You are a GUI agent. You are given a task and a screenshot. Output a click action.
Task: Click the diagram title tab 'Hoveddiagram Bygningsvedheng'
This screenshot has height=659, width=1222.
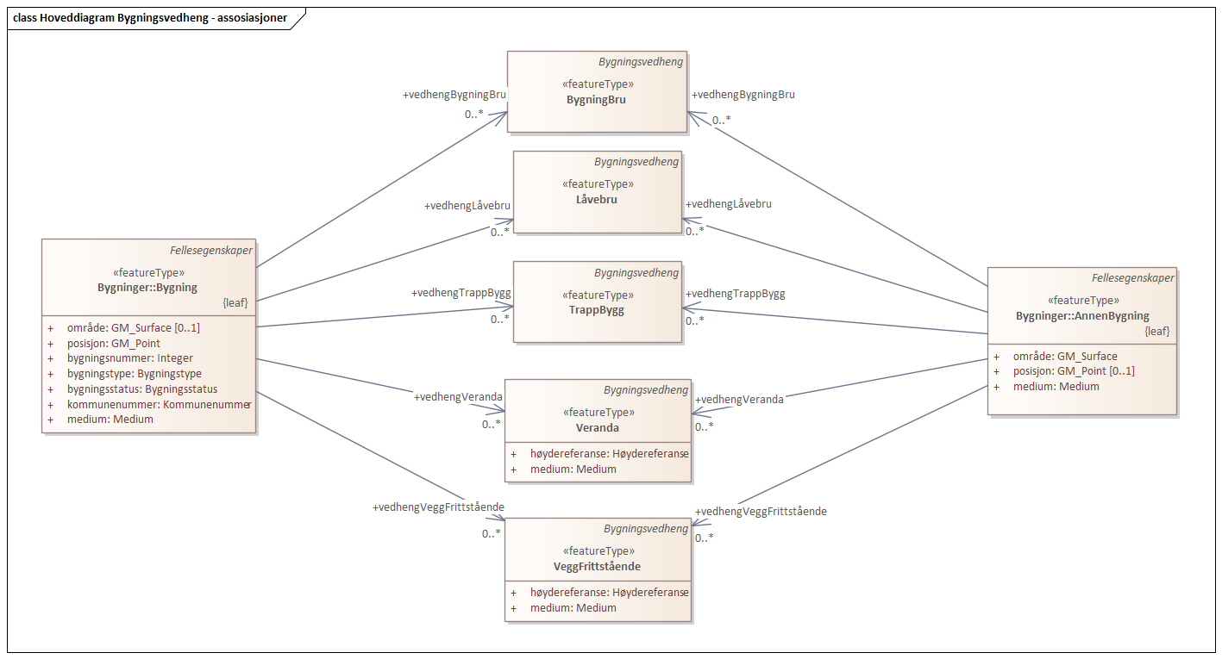150,17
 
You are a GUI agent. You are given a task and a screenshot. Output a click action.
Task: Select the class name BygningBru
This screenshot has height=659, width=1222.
596,99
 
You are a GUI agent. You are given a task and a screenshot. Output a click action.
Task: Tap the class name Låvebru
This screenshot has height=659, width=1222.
598,199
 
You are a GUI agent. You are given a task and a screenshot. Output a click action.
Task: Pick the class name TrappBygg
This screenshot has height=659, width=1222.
598,310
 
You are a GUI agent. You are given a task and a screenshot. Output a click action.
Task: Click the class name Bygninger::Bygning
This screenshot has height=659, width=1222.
147,287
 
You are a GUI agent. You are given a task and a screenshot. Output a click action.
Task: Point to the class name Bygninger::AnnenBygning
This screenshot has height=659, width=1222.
1082,316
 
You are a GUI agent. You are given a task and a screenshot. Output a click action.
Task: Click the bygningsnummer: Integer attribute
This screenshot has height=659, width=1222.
129,358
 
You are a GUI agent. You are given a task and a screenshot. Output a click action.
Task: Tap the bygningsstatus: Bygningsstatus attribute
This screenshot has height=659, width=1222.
142,389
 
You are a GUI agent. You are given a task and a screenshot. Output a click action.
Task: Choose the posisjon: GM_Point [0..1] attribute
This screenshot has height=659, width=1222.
1074,371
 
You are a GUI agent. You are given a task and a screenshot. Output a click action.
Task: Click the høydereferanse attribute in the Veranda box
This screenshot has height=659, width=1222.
609,454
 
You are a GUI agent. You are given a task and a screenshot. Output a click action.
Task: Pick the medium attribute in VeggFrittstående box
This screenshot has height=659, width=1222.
573,608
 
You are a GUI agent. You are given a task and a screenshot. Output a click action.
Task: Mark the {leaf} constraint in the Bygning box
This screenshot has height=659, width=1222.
235,303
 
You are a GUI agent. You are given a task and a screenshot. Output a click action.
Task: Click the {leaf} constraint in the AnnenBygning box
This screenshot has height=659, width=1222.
1156,331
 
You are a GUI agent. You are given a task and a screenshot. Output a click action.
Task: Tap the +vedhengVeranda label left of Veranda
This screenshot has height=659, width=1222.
458,397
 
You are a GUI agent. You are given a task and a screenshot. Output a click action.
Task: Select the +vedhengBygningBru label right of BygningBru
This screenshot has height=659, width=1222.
743,95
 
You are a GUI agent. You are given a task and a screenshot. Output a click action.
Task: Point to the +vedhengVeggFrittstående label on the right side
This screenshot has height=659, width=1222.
761,511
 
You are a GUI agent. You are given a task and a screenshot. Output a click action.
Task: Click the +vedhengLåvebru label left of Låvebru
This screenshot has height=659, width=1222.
467,206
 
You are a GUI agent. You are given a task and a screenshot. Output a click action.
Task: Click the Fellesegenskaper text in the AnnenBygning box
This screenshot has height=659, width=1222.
1132,278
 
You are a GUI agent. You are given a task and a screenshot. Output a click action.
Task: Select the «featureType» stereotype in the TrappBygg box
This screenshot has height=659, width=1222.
598,295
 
